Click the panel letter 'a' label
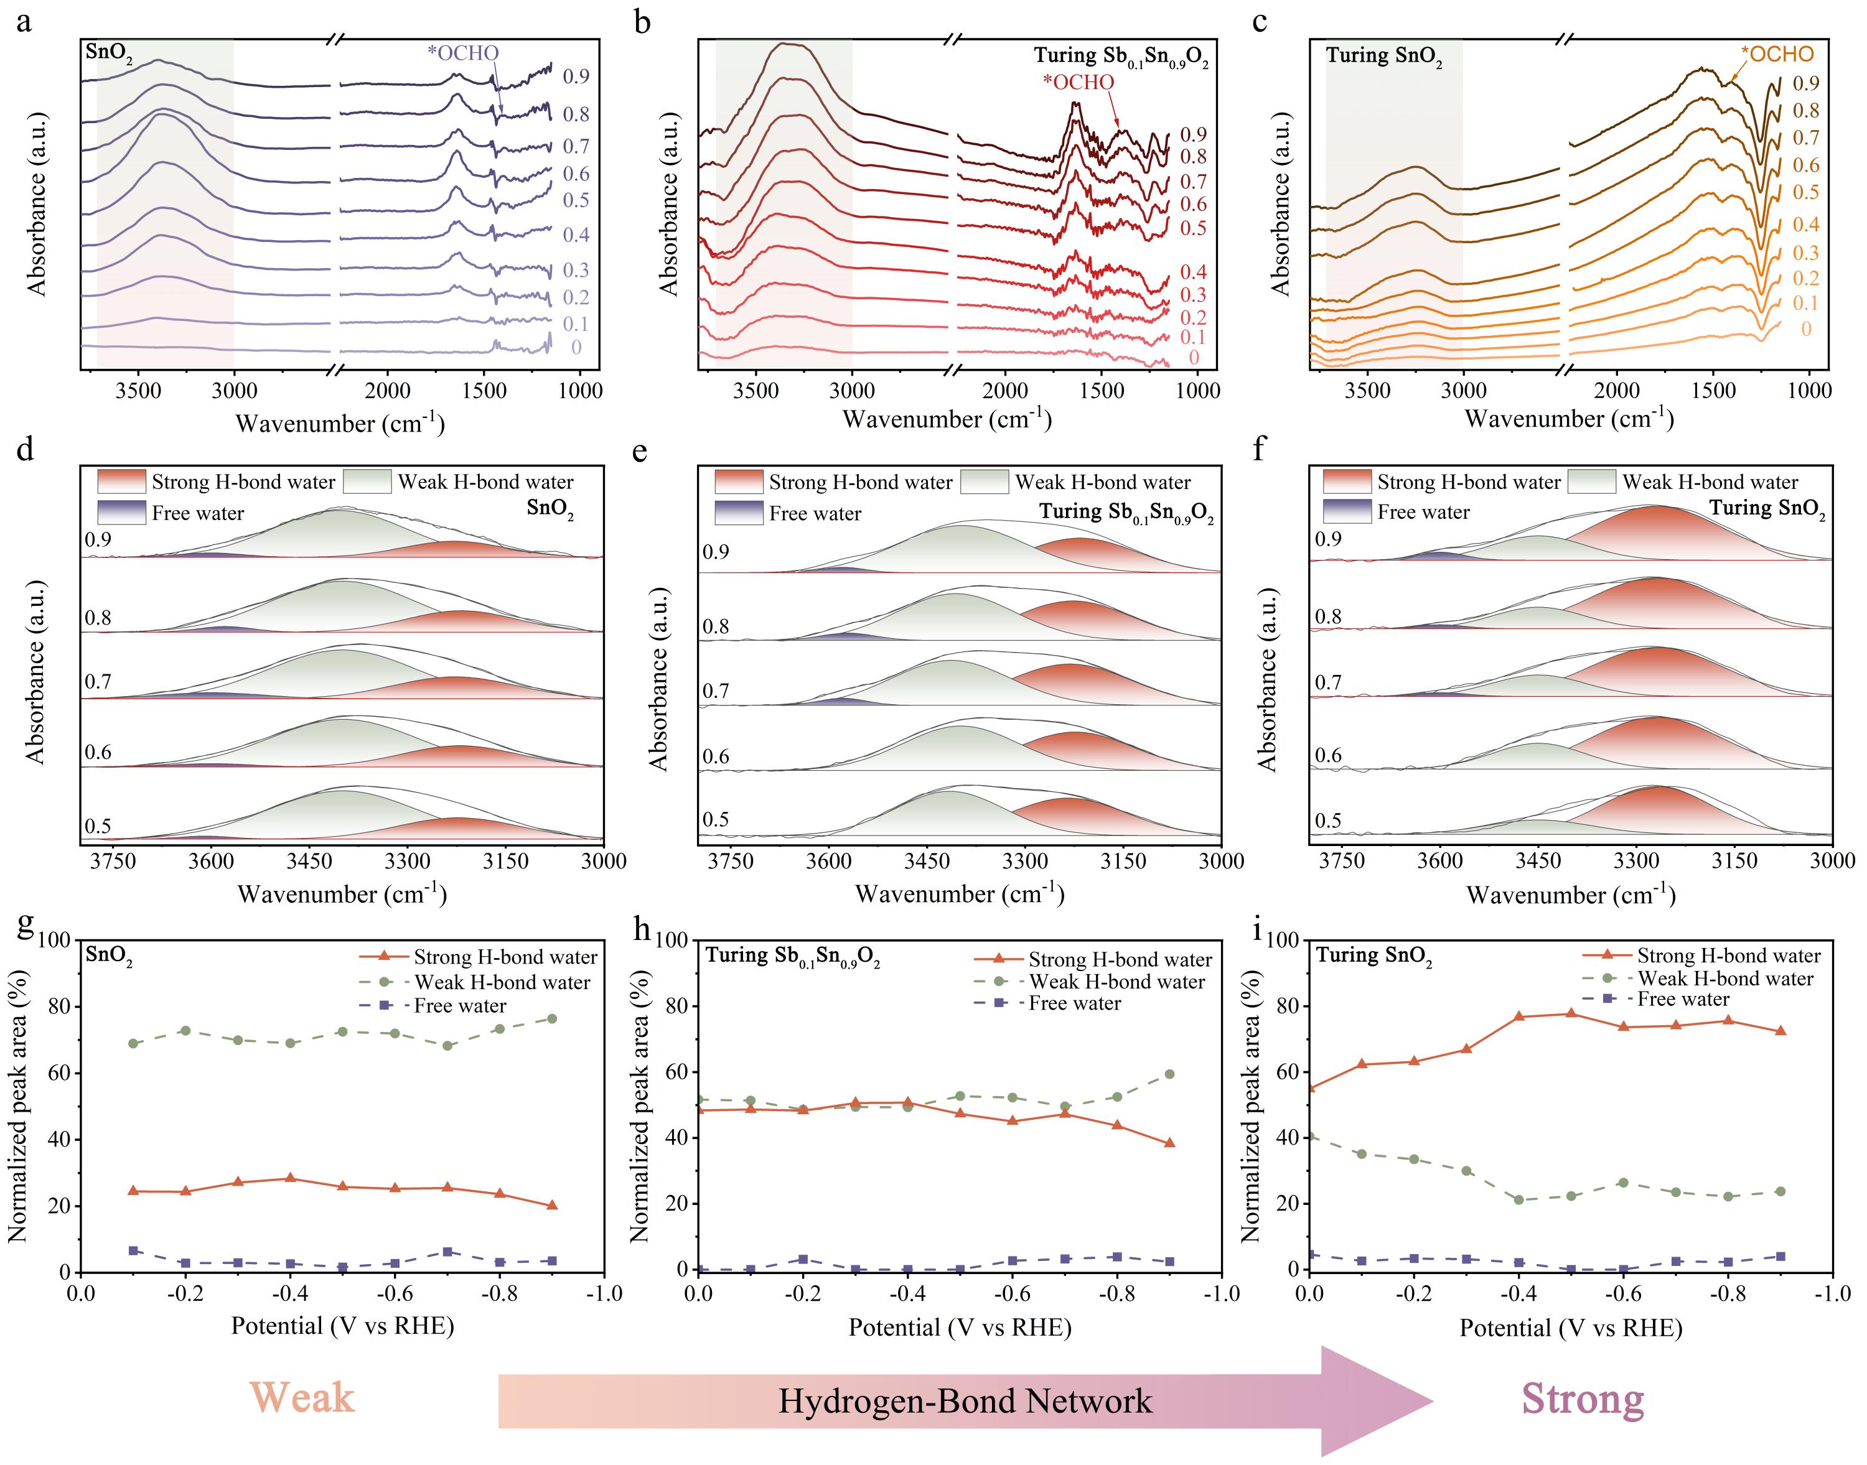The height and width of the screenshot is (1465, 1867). coord(24,21)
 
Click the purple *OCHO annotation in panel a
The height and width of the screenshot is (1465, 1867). coord(462,53)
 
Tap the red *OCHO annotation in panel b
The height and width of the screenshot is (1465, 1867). coord(1078,82)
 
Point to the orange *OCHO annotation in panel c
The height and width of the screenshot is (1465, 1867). coord(1777,54)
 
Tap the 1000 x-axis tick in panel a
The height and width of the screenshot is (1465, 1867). coord(580,392)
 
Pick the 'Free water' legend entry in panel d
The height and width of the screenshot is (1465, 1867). coord(197,514)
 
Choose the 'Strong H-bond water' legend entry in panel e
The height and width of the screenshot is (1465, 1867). coord(859,482)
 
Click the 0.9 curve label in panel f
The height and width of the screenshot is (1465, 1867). coord(1328,539)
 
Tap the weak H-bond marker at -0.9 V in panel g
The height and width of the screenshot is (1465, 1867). coord(551,1019)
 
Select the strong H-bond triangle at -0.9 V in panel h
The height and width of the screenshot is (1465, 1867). coord(1169,1143)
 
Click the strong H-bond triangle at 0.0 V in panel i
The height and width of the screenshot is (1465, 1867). coord(1310,1087)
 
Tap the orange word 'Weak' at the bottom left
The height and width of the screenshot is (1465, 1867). coord(302,1398)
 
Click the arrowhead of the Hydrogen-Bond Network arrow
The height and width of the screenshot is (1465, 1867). coord(1382,1402)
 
